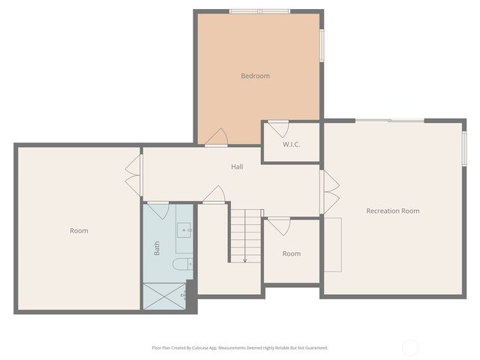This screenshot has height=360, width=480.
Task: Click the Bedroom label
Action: point(255,76)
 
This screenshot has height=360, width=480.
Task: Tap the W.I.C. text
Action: point(292,144)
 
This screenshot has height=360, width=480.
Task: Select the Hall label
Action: point(237,166)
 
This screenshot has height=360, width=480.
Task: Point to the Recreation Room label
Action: point(392,211)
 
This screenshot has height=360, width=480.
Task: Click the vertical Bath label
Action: point(157,248)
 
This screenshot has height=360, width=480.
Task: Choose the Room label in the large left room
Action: point(79,230)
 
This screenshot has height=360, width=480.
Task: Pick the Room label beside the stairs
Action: point(292,253)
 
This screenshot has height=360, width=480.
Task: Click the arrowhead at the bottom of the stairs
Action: point(245,260)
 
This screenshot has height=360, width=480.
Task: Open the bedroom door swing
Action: point(216,137)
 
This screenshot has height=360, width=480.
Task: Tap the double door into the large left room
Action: point(133,176)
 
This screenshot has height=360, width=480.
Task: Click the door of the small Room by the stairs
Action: point(278,226)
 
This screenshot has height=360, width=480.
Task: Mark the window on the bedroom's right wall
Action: point(322,46)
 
